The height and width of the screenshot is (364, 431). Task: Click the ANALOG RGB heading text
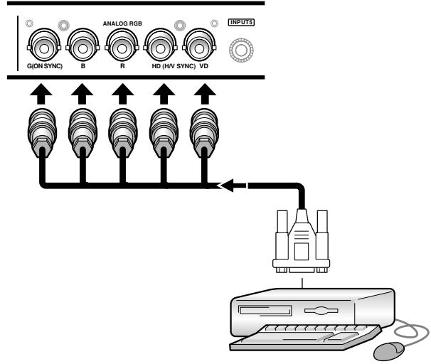tap(122, 23)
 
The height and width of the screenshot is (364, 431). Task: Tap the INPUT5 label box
tap(241, 22)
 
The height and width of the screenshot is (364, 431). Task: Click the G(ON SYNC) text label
tap(45, 66)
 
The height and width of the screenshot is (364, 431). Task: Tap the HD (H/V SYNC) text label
tap(174, 66)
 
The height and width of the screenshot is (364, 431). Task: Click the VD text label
tap(203, 66)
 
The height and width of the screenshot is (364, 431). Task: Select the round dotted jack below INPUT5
tap(241, 50)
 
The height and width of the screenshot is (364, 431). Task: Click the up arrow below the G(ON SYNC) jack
tap(41, 94)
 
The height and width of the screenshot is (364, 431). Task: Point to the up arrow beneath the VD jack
tap(205, 94)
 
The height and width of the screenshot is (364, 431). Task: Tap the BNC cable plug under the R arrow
tap(122, 133)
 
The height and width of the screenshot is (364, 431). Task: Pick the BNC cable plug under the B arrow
tap(83, 133)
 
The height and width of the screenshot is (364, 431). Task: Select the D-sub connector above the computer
tap(302, 241)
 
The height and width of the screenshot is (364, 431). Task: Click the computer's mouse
tap(389, 350)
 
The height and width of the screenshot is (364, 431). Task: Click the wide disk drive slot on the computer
tap(265, 311)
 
